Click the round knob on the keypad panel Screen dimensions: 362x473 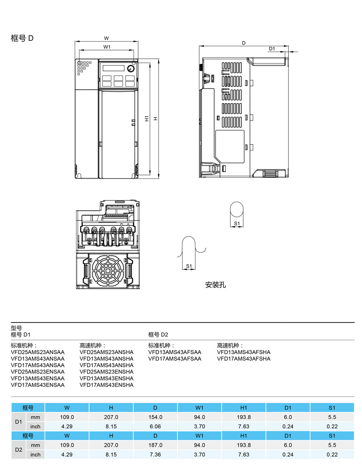pyautogui.click(x=131, y=68)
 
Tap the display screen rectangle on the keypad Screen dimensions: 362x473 pyautogui.click(x=114, y=68)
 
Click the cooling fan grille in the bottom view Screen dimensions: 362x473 pyautogui.click(x=108, y=271)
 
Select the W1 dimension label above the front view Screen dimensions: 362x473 pyautogui.click(x=107, y=47)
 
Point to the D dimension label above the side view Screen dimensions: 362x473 pyautogui.click(x=244, y=43)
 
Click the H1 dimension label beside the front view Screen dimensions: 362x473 pyautogui.click(x=147, y=119)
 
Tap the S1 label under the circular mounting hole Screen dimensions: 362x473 pyautogui.click(x=237, y=223)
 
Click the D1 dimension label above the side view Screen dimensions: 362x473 pyautogui.click(x=272, y=49)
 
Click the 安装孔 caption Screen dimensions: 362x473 pyautogui.click(x=215, y=285)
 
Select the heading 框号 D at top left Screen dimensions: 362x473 pyautogui.click(x=22, y=38)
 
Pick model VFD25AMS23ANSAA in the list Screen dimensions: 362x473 pyautogui.click(x=37, y=352)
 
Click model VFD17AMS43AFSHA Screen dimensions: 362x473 pyautogui.click(x=244, y=359)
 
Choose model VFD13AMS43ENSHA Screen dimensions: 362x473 pyautogui.click(x=106, y=379)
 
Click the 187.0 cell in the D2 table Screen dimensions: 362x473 pyautogui.click(x=155, y=445)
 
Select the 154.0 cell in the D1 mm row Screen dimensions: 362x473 pyautogui.click(x=155, y=417)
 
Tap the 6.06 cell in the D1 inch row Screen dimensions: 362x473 pyautogui.click(x=155, y=426)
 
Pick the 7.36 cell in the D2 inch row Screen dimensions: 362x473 pyautogui.click(x=155, y=454)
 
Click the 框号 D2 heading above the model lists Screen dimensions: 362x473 pyautogui.click(x=158, y=335)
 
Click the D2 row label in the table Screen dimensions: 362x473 pyautogui.click(x=19, y=450)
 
